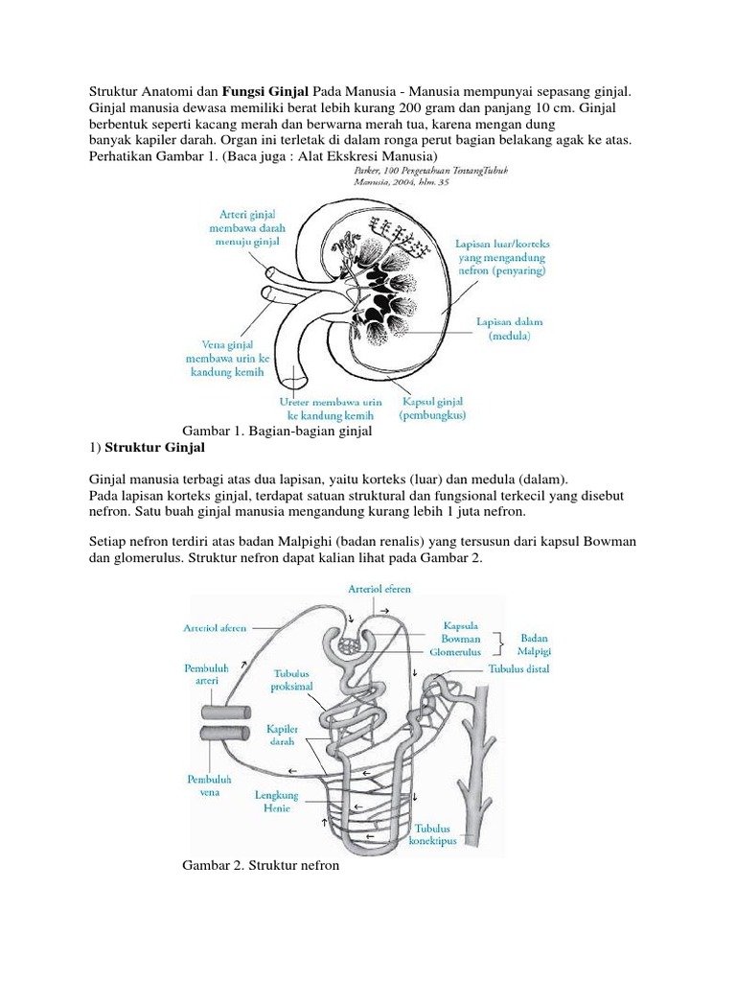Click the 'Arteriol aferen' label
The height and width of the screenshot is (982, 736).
(215, 628)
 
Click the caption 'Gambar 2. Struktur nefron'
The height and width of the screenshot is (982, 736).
(261, 866)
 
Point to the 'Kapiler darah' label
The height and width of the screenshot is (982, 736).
(276, 736)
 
